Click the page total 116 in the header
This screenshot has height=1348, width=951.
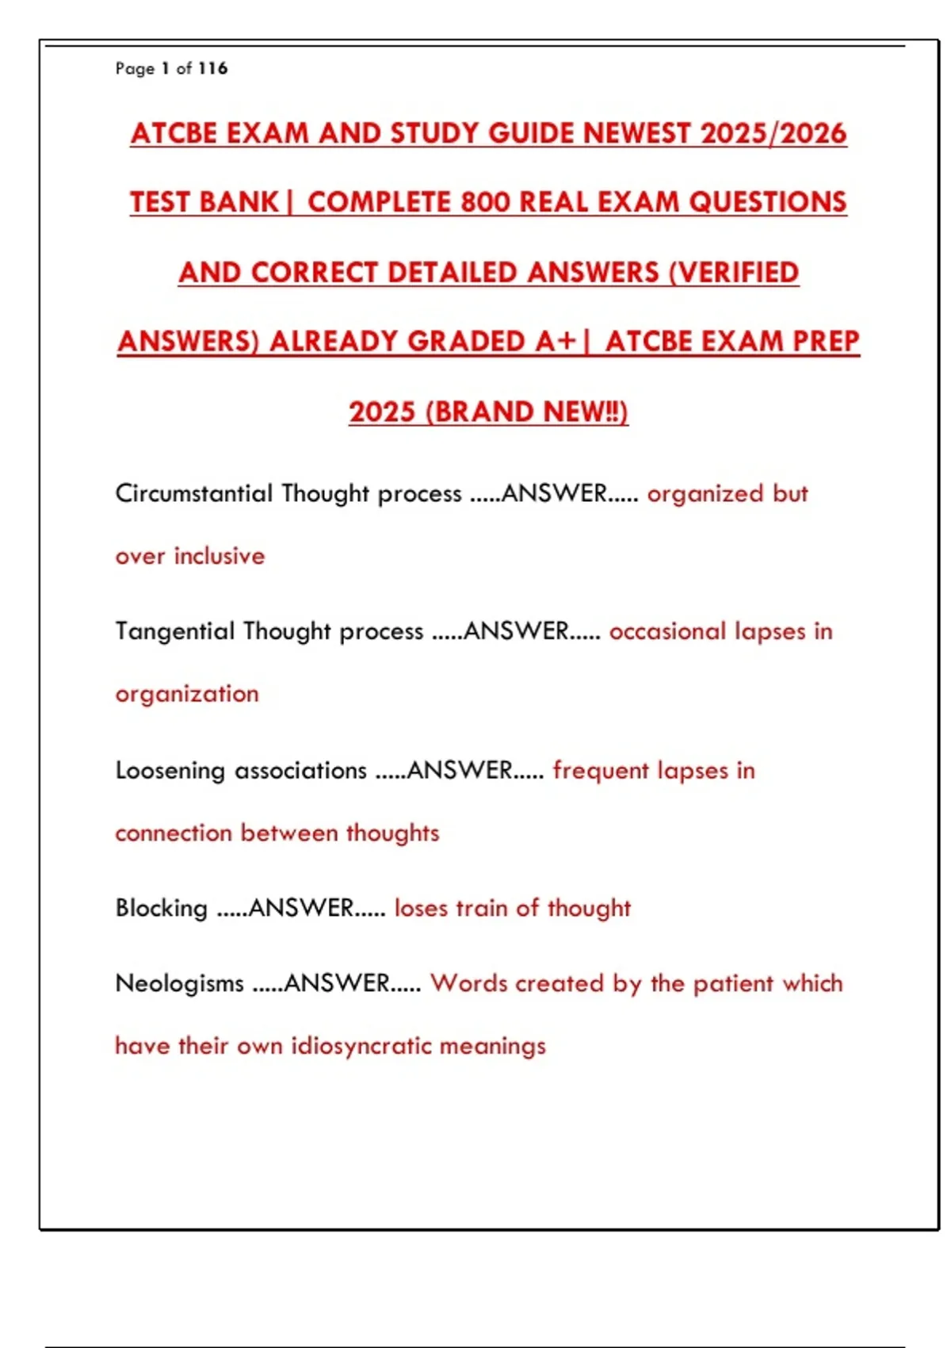point(212,68)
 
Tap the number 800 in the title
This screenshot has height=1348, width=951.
point(485,202)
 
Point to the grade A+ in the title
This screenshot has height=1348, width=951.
point(555,342)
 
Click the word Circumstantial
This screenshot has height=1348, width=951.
point(194,493)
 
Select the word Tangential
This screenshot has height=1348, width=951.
point(175,631)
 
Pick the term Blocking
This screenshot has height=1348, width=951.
point(162,908)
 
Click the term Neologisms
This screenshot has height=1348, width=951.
point(180,983)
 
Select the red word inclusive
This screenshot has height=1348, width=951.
point(220,556)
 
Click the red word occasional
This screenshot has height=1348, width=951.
point(667,631)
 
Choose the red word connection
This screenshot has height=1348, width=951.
point(174,833)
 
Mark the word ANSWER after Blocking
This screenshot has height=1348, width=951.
point(301,908)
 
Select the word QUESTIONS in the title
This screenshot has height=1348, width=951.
point(767,202)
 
